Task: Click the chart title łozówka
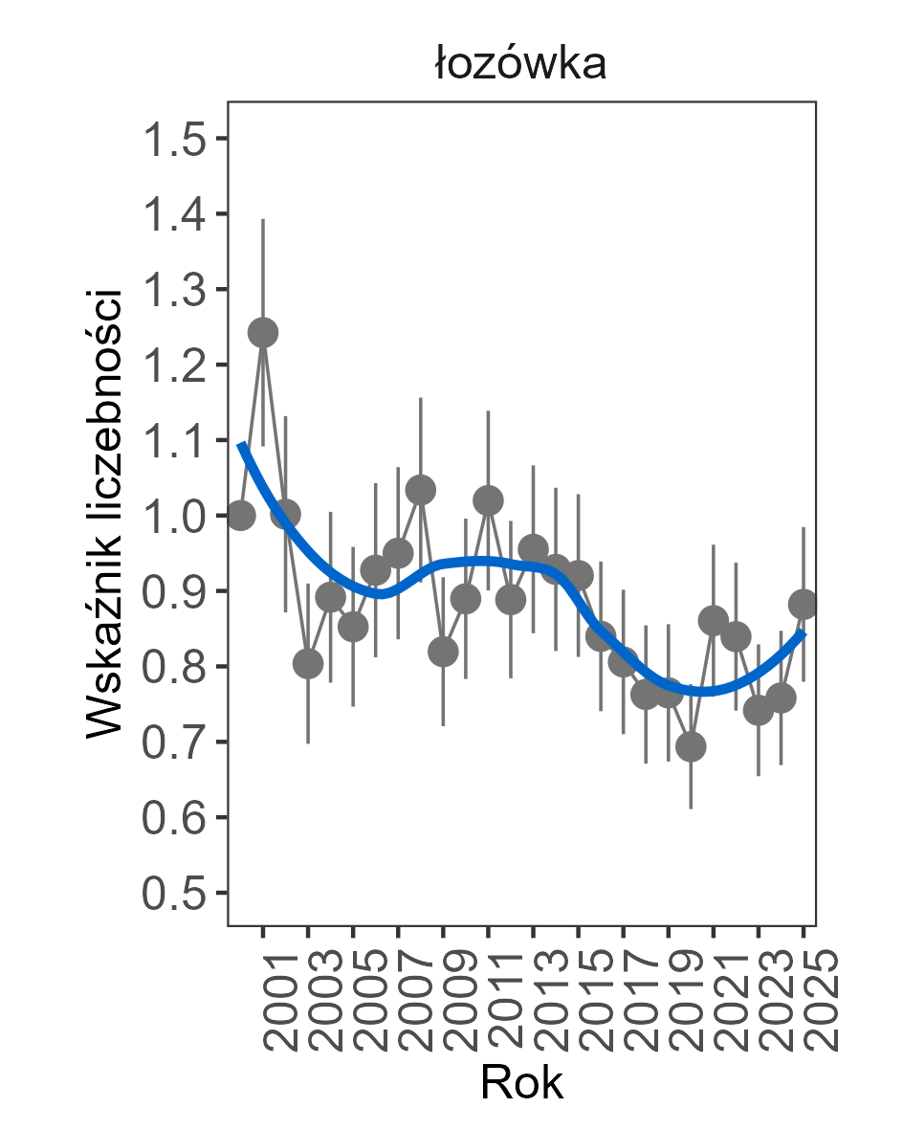coord(520,65)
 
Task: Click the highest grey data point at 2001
coord(263,333)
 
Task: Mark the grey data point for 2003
coord(308,664)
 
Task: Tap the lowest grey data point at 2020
coord(691,746)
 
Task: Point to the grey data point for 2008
coord(421,490)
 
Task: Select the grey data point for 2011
coord(488,500)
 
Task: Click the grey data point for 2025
coord(804,604)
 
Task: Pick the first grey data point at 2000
coord(241,516)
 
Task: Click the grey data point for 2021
coord(714,621)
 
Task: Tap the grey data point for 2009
coord(443,652)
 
